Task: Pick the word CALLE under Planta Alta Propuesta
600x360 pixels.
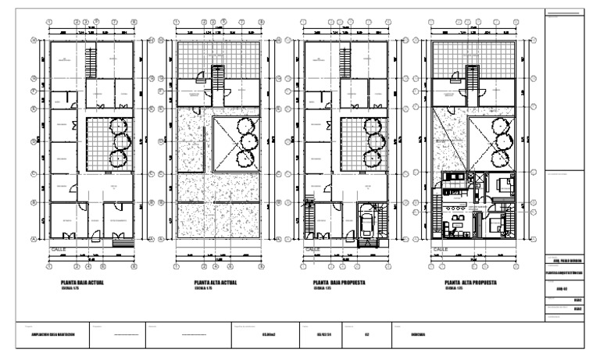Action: tap(441, 250)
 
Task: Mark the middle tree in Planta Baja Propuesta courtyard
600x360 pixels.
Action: tap(376, 141)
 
